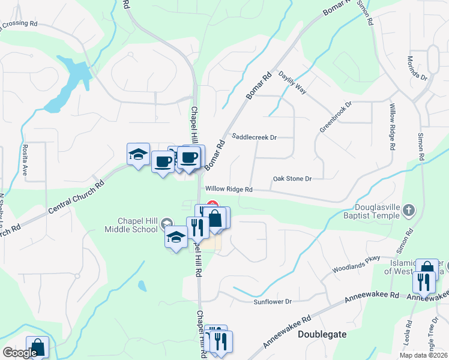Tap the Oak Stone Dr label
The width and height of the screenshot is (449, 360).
click(293, 179)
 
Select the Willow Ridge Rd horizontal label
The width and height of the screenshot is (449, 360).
click(231, 189)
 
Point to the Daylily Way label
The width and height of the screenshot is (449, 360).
click(292, 83)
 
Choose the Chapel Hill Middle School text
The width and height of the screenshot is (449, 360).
click(131, 225)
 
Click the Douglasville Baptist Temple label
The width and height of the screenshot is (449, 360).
click(373, 211)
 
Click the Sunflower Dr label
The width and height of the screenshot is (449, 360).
click(271, 301)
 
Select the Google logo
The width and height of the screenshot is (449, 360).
click(19, 353)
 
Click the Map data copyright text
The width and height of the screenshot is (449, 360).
click(423, 355)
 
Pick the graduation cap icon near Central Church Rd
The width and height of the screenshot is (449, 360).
click(138, 154)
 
